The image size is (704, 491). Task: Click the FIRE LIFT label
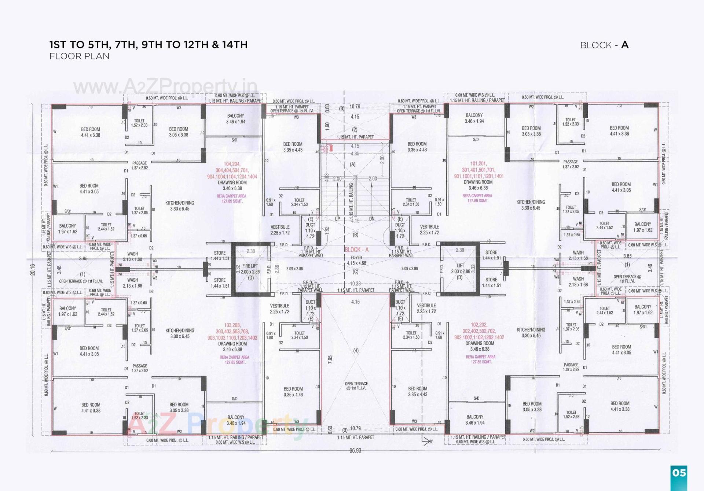[250, 266]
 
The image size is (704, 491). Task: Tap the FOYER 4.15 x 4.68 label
[356, 260]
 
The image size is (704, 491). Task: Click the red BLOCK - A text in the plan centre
[356, 250]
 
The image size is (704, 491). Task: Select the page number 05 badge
[679, 473]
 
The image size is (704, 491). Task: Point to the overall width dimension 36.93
[355, 450]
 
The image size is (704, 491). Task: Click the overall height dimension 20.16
[33, 269]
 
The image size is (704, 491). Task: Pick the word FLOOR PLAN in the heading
[79, 56]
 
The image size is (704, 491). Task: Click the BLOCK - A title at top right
[604, 45]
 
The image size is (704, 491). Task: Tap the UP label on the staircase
[337, 219]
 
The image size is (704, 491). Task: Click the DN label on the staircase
[372, 219]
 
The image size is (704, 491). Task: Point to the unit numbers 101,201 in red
[478, 164]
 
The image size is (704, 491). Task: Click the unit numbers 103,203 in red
[232, 325]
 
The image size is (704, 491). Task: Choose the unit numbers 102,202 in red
[479, 325]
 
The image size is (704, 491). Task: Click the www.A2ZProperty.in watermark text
[165, 87]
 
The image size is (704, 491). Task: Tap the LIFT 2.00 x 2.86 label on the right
[460, 269]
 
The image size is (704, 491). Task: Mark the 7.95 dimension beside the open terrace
[330, 359]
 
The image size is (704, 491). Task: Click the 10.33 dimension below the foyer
[355, 284]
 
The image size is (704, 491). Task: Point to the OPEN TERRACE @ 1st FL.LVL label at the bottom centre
[356, 386]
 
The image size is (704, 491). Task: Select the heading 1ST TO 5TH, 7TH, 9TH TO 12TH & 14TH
[148, 45]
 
